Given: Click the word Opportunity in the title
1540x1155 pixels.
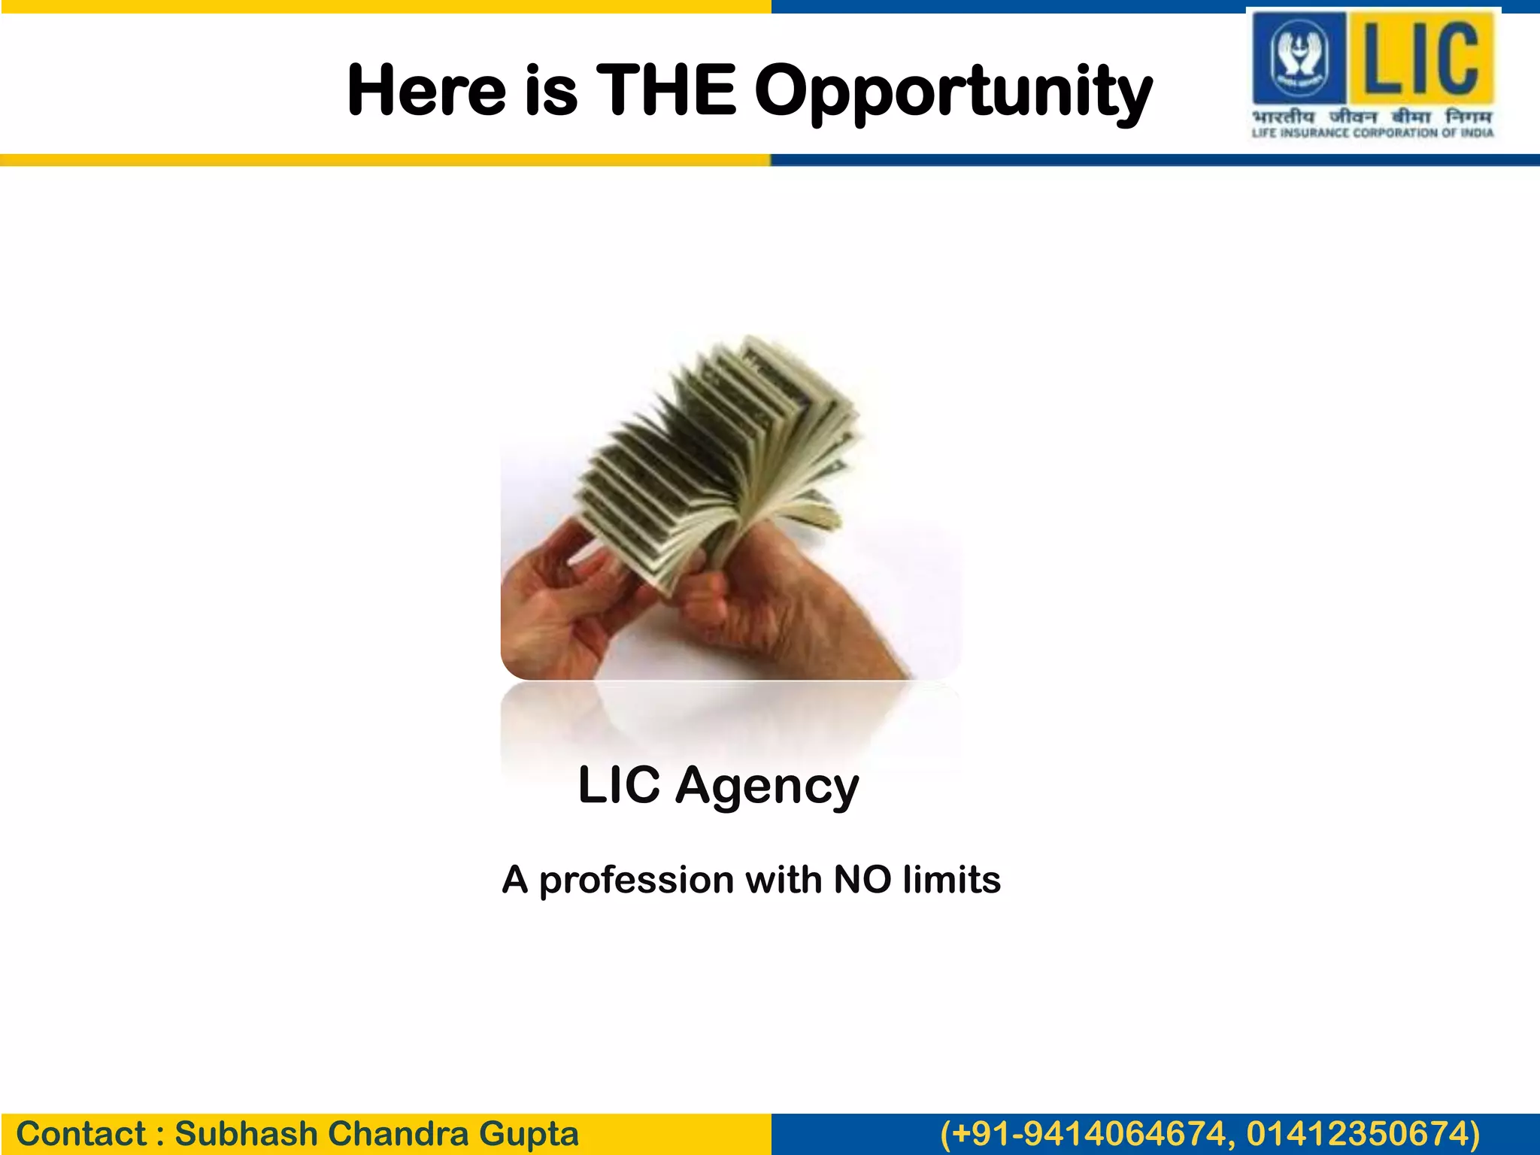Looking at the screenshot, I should point(953,92).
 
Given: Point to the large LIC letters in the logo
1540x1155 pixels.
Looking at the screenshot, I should point(1422,59).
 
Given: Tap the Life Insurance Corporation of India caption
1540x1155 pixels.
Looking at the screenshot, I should point(1372,133).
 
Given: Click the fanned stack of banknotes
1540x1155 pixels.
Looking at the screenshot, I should point(722,451).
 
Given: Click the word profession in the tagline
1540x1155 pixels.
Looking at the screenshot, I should point(636,880).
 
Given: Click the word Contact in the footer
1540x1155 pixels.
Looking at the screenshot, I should point(81,1134).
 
